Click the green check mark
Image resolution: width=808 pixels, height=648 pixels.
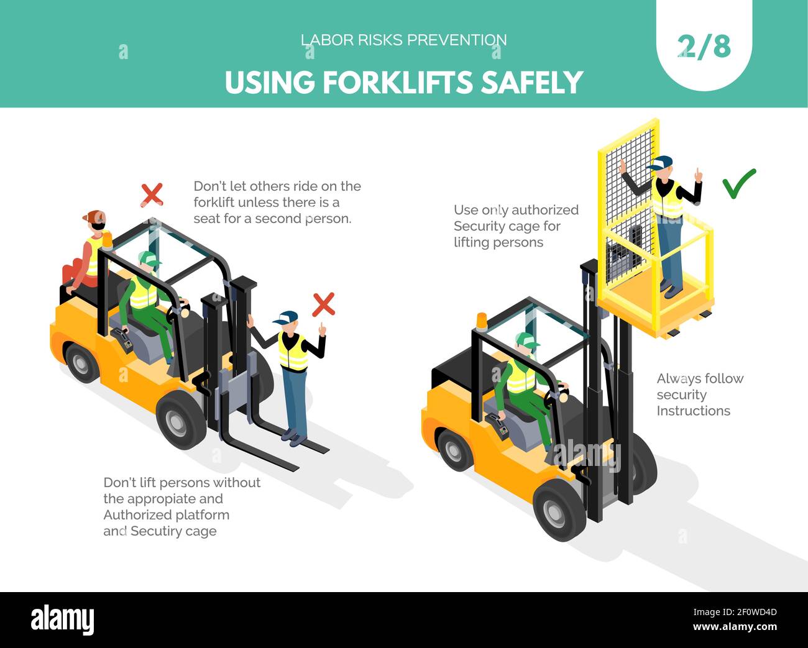click(x=738, y=184)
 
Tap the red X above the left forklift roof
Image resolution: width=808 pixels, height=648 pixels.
click(x=152, y=194)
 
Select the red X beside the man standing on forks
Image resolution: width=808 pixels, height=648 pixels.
click(x=323, y=304)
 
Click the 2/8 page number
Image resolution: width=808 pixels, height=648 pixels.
click(x=704, y=47)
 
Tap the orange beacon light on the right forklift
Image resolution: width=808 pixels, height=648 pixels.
click(x=482, y=321)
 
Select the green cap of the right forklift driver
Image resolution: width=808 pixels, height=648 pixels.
click(x=526, y=340)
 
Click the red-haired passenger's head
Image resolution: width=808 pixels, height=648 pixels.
click(x=95, y=220)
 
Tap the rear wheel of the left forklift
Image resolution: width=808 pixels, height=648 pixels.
click(x=81, y=363)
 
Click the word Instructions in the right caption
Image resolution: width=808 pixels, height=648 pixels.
click(x=694, y=411)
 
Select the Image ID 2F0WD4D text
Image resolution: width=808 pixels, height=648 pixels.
click(x=735, y=612)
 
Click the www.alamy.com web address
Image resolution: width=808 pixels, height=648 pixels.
click(x=735, y=627)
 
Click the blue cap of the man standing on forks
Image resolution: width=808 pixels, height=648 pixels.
click(x=286, y=317)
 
